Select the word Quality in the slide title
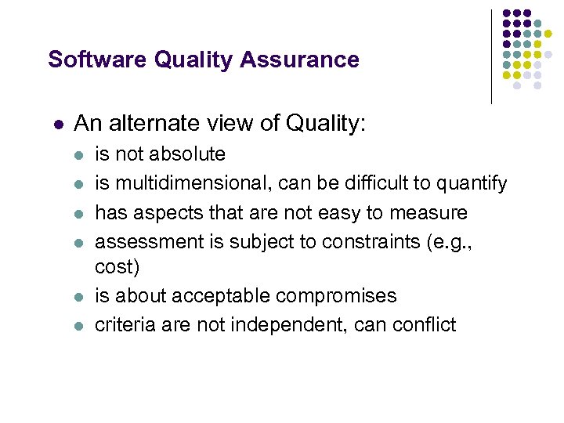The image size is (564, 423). (x=187, y=60)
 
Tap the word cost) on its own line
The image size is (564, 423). (x=117, y=268)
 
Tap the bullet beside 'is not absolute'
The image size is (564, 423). (x=79, y=155)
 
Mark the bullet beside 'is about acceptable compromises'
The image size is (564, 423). (x=79, y=297)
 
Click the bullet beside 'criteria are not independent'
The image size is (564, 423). (x=79, y=325)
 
